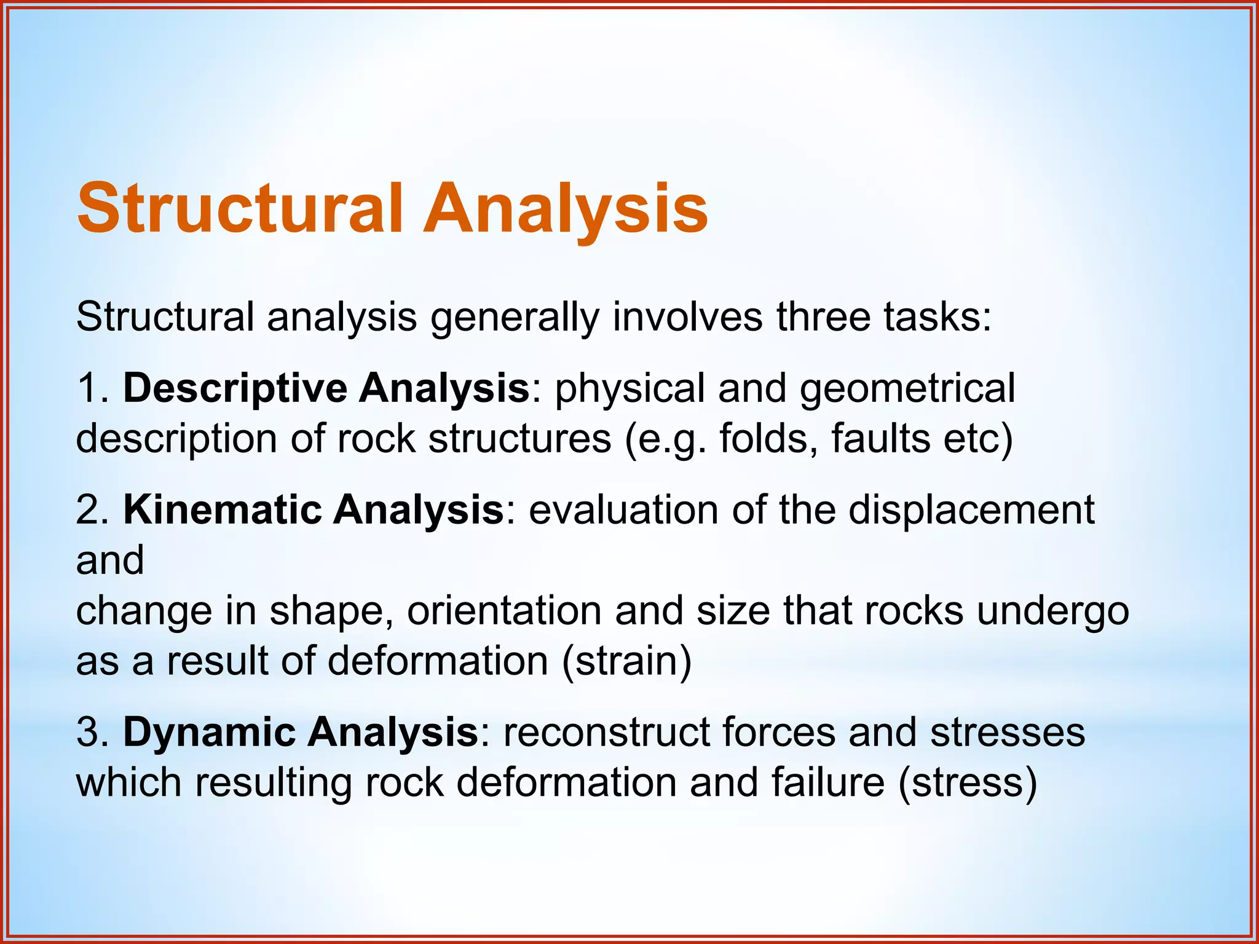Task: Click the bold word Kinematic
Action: click(222, 510)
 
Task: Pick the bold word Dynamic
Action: click(208, 733)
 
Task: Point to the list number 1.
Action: click(89, 388)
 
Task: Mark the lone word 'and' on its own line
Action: click(110, 560)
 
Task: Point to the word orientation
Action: click(503, 611)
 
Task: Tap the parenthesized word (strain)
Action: click(626, 661)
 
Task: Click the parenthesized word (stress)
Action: click(968, 783)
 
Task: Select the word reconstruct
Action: click(605, 733)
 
